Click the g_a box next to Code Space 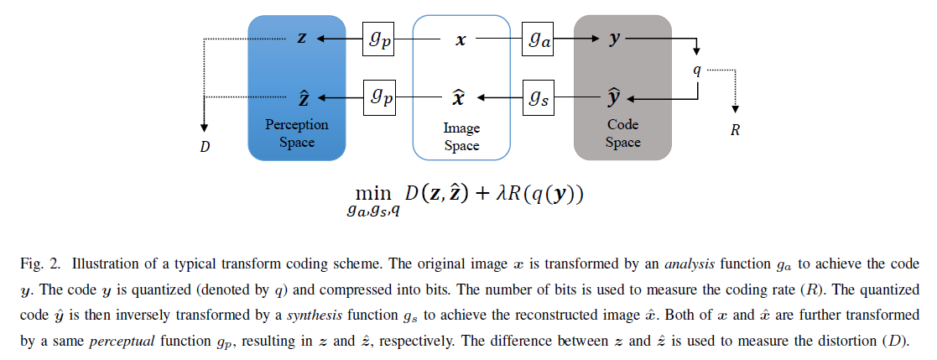click(x=537, y=39)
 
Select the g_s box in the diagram click(x=539, y=98)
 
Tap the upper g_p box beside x click(x=378, y=39)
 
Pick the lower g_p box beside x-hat click(x=378, y=98)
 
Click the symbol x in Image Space click(x=461, y=40)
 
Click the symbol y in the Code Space click(x=615, y=39)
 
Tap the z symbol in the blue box click(x=302, y=39)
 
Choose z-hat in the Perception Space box click(x=303, y=97)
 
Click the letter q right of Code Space click(x=697, y=70)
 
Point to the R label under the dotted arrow click(x=735, y=130)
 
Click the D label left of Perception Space click(x=205, y=147)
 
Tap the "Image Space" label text click(x=461, y=137)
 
